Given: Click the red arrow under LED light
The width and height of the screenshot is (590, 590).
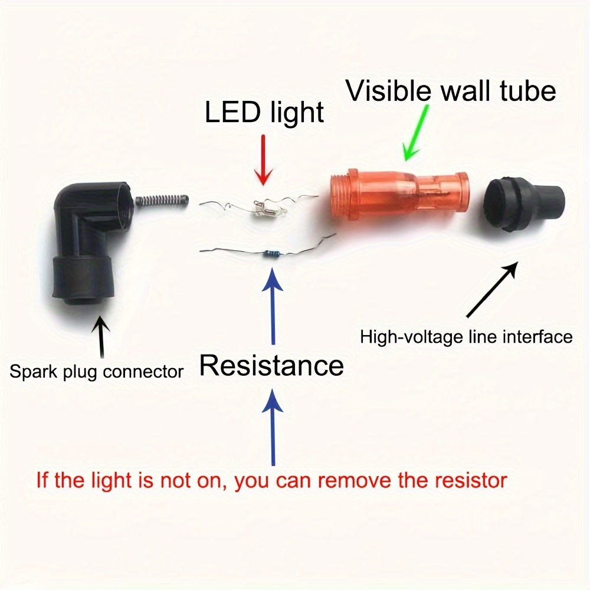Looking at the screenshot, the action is click(263, 160).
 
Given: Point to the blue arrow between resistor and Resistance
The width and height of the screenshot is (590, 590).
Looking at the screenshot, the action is click(273, 306).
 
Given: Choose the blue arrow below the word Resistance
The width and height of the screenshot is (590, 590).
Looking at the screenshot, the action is click(273, 427).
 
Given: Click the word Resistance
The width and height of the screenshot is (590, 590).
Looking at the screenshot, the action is click(271, 365).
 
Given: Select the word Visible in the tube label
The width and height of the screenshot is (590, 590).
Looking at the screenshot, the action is click(388, 91).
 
